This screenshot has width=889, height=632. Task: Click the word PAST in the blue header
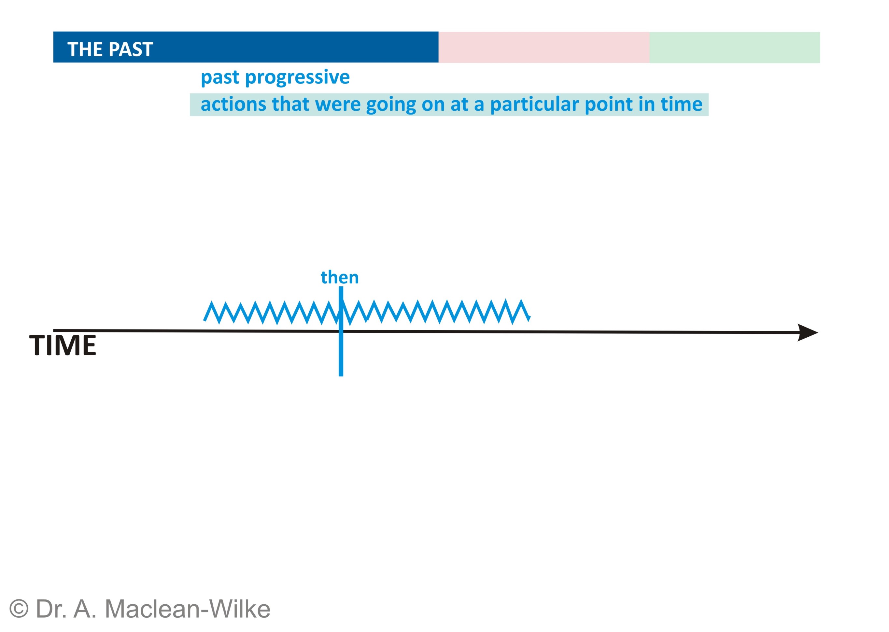pyautogui.click(x=131, y=49)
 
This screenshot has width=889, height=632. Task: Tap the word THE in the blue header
pyautogui.click(x=86, y=49)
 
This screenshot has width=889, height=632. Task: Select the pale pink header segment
pyautogui.click(x=543, y=47)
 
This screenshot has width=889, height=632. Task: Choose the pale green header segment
pyautogui.click(x=734, y=47)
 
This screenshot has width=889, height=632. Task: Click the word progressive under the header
pyautogui.click(x=297, y=78)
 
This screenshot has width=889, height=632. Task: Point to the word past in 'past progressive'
pyautogui.click(x=220, y=78)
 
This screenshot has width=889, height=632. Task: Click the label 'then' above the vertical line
pyautogui.click(x=339, y=277)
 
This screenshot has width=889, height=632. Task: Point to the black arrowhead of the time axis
pyautogui.click(x=808, y=332)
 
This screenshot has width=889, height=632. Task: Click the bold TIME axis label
pyautogui.click(x=63, y=345)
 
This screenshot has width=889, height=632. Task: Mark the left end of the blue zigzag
pyautogui.click(x=205, y=320)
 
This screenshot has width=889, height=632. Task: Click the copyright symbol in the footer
pyautogui.click(x=19, y=608)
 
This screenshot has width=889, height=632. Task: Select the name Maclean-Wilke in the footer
pyautogui.click(x=188, y=609)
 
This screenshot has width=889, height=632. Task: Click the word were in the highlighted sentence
pyautogui.click(x=338, y=104)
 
